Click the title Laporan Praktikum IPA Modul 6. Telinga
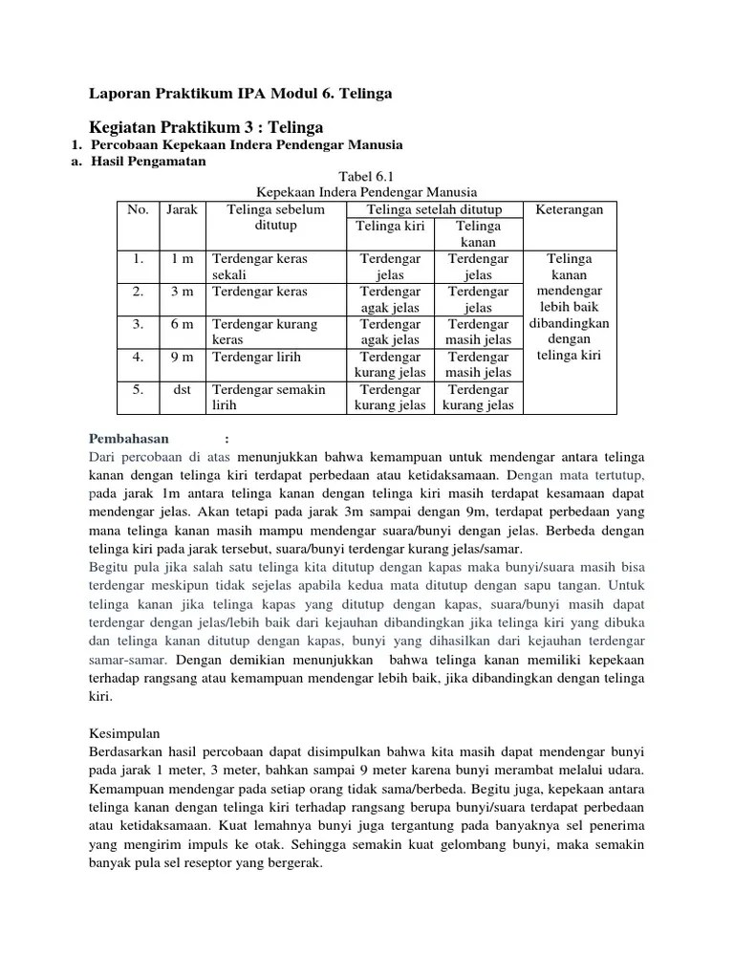click(x=240, y=94)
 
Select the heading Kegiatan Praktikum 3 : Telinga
click(x=205, y=127)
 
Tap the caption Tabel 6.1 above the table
click(x=366, y=177)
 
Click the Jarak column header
click(x=182, y=209)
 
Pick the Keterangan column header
click(x=570, y=209)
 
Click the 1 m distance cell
click(x=182, y=258)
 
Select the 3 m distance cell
click(x=182, y=291)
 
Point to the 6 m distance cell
click(x=182, y=323)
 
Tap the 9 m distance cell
click(x=182, y=356)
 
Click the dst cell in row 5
click(x=182, y=389)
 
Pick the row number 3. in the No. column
click(x=138, y=323)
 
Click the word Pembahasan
click(x=129, y=439)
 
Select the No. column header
click(x=138, y=209)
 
